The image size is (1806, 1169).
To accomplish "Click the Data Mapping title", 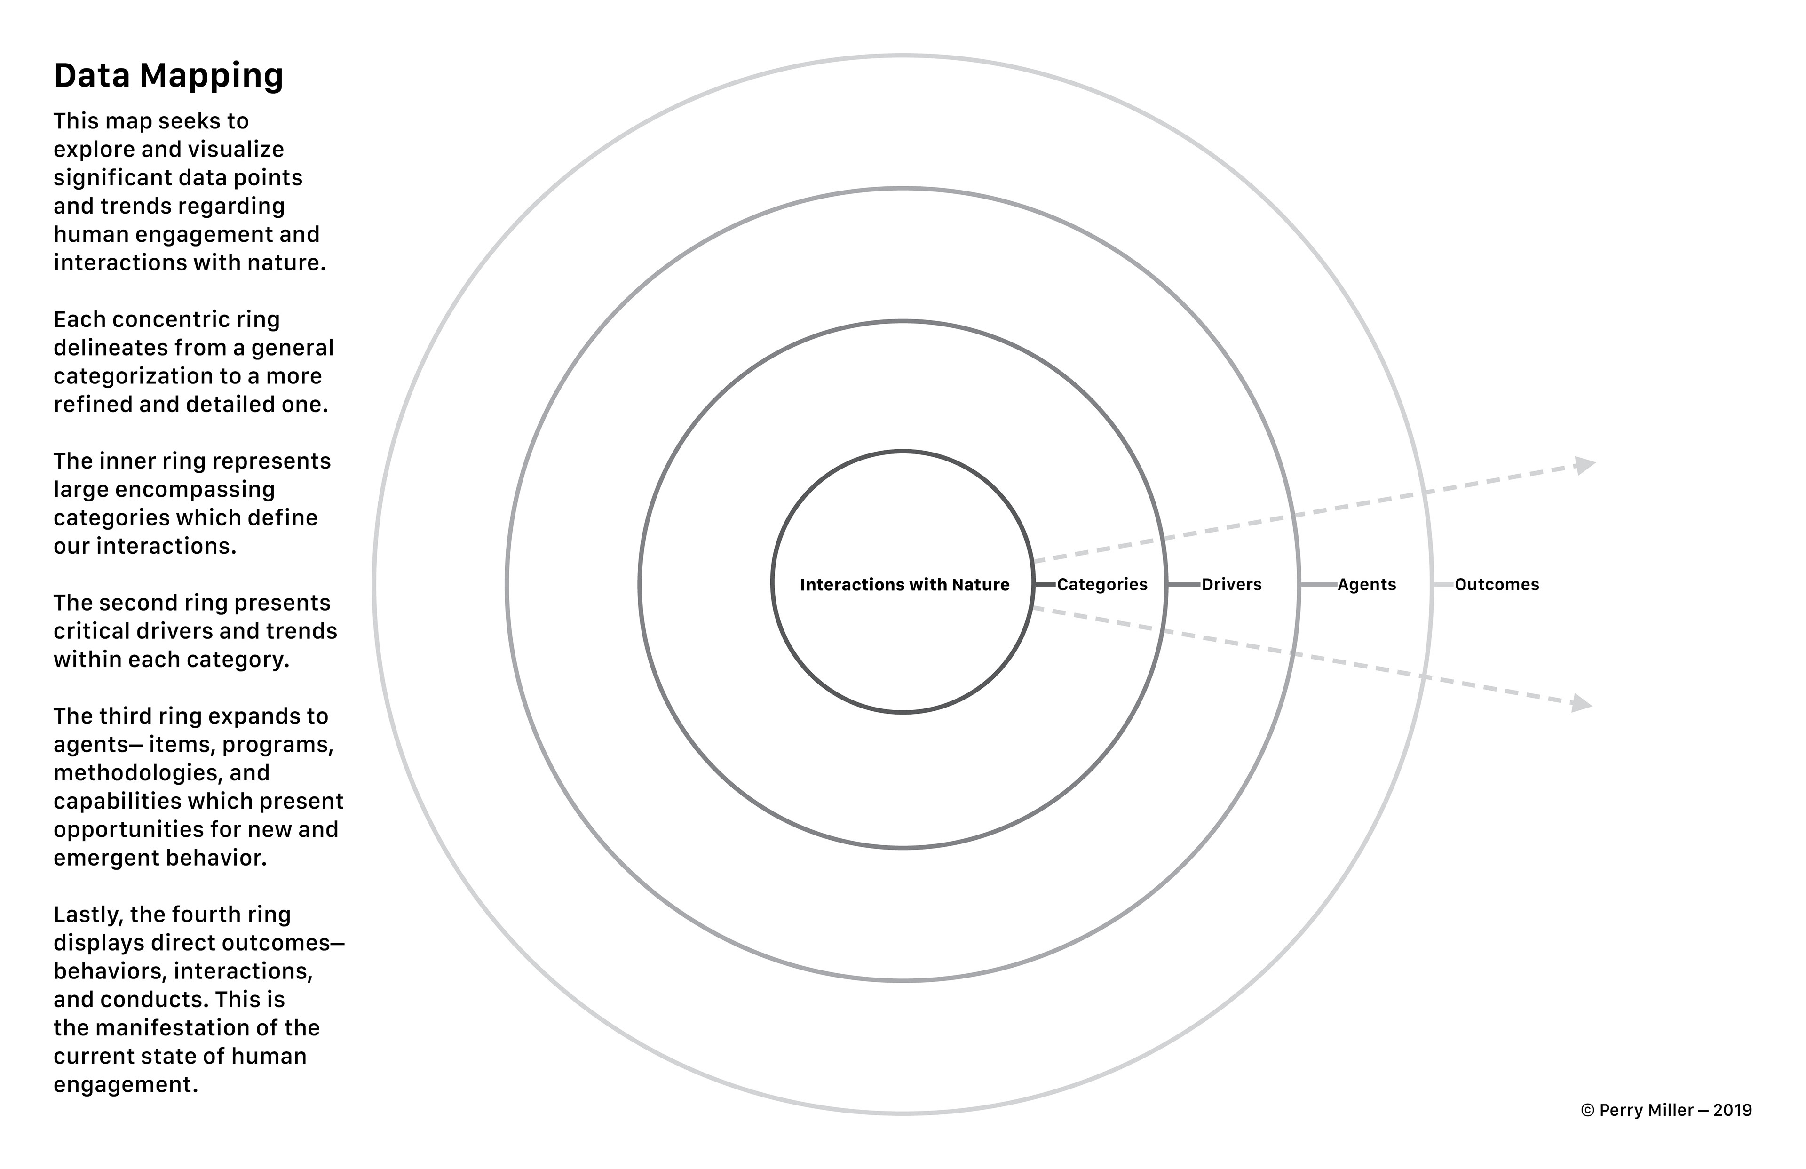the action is [168, 76].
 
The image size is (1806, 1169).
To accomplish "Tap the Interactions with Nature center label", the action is [904, 584].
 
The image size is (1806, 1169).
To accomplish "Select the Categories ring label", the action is [1102, 584].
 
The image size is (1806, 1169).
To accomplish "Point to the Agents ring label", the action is [1367, 584].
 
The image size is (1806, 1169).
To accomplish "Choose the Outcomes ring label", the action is [1497, 584].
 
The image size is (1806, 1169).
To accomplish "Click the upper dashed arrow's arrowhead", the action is [1584, 465].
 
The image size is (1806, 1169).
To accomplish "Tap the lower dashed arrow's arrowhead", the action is [1581, 704].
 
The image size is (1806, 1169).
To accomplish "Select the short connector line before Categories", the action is [1045, 584].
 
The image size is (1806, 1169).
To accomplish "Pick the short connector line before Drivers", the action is [1184, 584].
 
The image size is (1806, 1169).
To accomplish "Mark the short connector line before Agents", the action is [1318, 584].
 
